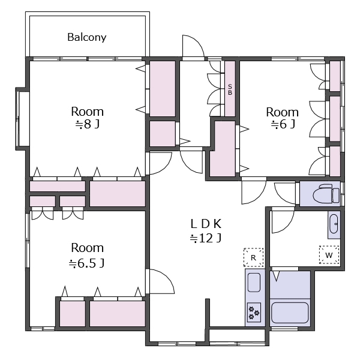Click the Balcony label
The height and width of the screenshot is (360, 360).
87,37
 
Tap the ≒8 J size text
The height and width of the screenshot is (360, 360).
88,124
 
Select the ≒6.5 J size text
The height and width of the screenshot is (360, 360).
87,263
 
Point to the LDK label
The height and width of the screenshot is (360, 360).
206,224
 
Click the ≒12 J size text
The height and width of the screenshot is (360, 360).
206,238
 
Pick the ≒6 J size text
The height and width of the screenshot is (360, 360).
283,124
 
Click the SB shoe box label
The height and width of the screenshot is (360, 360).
230,90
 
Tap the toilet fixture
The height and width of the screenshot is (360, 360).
326,194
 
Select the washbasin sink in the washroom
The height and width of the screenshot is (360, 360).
334,224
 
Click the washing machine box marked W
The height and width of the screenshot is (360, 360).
329,255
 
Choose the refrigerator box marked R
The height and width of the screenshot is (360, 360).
253,257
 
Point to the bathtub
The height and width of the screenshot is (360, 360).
290,313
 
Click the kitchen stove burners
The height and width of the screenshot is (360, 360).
254,312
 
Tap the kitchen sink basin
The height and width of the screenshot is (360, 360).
254,283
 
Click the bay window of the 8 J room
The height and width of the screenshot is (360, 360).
23,119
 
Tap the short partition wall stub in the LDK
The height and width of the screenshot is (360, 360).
208,312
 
